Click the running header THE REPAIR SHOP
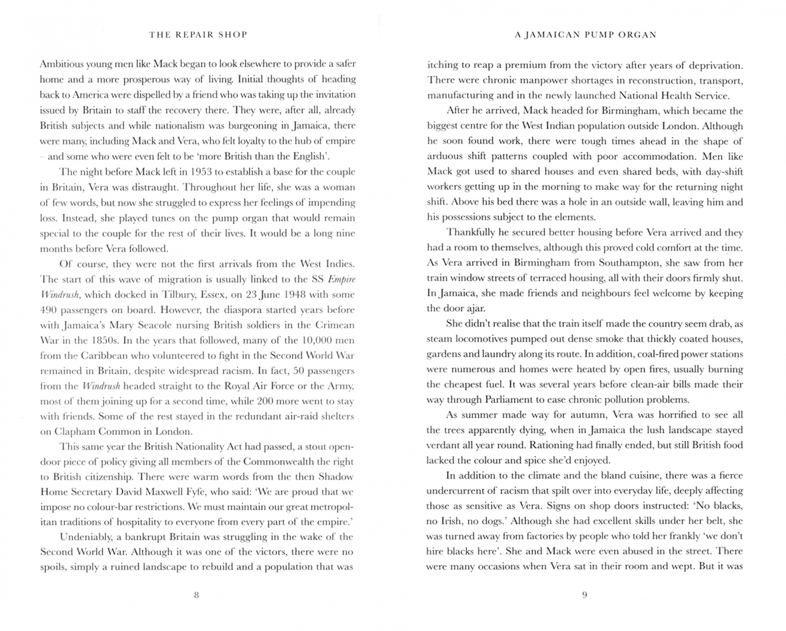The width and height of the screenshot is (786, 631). pos(198,34)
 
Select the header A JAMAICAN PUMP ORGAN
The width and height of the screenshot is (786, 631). pos(586,34)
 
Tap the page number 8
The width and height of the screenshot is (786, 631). pos(196,595)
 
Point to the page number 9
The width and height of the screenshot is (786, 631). pos(584,595)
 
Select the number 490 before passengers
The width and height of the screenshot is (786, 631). pos(50,310)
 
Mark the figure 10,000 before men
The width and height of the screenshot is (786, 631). pos(315,340)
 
